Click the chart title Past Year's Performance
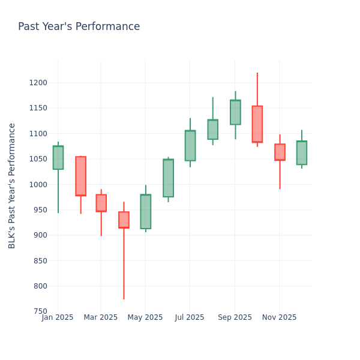(x=79, y=27)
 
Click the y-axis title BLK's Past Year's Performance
(x=12, y=185)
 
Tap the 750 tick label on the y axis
(x=39, y=311)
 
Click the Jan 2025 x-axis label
(x=58, y=317)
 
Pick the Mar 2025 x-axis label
(x=101, y=317)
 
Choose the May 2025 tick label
(x=145, y=317)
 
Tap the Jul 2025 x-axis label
(x=190, y=317)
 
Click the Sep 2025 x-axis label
(x=235, y=317)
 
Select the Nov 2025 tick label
(x=279, y=317)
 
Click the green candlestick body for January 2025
(x=58, y=157)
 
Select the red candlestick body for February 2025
(x=80, y=176)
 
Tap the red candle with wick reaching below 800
(x=124, y=220)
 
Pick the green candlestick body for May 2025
(x=146, y=211)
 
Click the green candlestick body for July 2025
(x=190, y=145)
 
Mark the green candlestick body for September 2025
(x=235, y=112)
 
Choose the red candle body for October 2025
(x=257, y=124)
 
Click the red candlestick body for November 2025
(x=280, y=152)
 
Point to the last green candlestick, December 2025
(x=302, y=152)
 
